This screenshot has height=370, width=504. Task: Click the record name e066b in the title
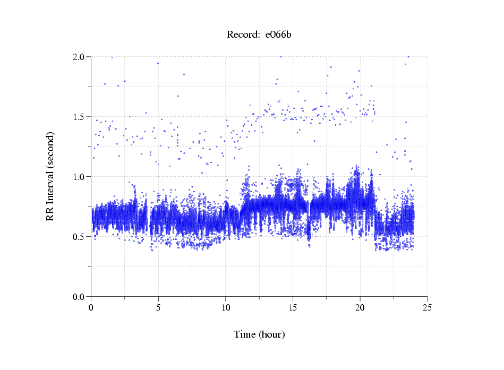click(x=279, y=35)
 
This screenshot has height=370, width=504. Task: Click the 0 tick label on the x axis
click(x=91, y=307)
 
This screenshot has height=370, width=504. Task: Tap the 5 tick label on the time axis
click(x=158, y=307)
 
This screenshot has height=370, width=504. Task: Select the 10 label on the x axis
click(x=226, y=307)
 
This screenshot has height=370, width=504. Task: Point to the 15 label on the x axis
click(x=293, y=307)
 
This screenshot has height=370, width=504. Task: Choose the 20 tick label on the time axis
click(x=360, y=307)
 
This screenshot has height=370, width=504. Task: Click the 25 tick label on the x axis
click(x=427, y=307)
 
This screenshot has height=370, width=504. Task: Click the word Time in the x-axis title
click(x=245, y=335)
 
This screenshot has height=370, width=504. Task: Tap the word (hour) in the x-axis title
click(x=272, y=335)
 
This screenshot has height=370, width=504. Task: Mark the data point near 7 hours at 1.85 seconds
click(x=184, y=75)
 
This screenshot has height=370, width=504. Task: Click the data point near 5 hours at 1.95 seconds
click(x=158, y=63)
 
